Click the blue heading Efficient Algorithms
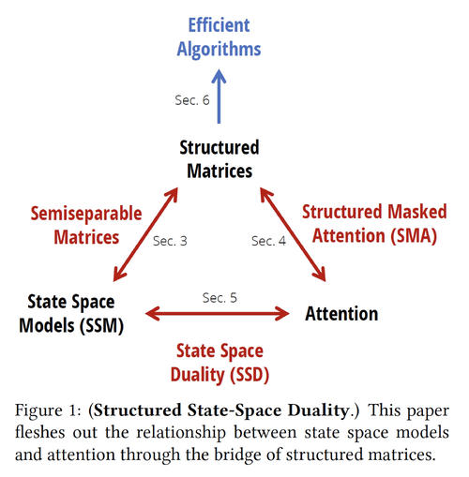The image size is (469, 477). click(222, 37)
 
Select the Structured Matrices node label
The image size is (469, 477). click(219, 159)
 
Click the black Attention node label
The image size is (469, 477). click(341, 313)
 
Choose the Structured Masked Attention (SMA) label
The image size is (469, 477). click(369, 225)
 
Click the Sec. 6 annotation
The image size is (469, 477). click(192, 100)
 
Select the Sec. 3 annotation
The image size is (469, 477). click(170, 241)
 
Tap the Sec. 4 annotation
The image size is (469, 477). click(269, 241)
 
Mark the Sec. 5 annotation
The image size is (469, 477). click(220, 297)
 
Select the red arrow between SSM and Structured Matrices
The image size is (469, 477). click(145, 237)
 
